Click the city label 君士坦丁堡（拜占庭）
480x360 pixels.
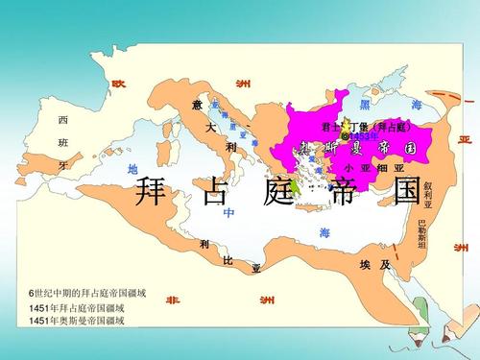coord(366,127)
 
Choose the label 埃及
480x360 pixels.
coord(372,264)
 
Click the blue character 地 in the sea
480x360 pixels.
coord(132,169)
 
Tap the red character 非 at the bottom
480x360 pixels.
coord(172,300)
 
